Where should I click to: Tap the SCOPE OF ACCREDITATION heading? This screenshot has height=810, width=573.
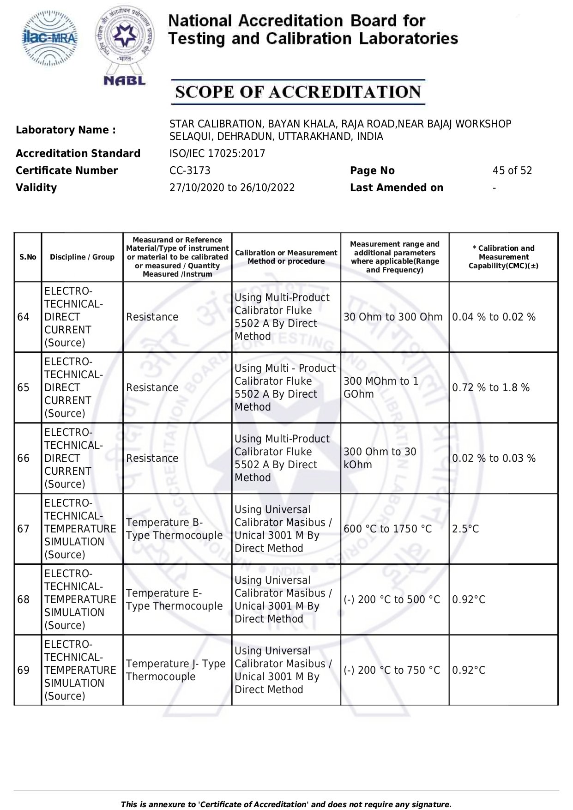(x=298, y=92)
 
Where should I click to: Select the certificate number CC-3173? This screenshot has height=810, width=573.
(x=190, y=170)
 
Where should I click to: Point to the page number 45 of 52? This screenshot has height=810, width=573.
(x=512, y=170)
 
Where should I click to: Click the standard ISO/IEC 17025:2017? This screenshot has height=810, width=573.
(x=217, y=153)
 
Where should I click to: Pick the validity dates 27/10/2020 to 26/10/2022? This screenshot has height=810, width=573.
(x=232, y=187)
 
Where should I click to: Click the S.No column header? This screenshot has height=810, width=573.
(x=28, y=257)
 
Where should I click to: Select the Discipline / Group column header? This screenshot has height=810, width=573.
(x=82, y=257)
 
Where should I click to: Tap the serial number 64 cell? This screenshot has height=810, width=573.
(x=24, y=317)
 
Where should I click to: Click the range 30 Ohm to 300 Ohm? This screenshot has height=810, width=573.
(x=393, y=317)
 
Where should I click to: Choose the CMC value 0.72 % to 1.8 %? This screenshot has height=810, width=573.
(x=491, y=387)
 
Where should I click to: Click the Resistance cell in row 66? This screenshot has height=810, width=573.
(x=152, y=458)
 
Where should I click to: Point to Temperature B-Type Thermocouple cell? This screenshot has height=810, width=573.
(x=174, y=529)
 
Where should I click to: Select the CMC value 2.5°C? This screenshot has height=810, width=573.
(x=465, y=529)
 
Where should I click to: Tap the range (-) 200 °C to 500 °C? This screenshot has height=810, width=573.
(x=392, y=599)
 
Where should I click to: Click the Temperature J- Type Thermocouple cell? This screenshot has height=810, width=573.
(x=175, y=670)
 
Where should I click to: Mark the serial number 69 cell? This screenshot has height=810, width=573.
(x=24, y=670)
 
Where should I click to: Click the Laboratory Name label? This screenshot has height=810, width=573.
(x=66, y=130)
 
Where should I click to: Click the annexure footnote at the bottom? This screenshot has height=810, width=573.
(x=286, y=804)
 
